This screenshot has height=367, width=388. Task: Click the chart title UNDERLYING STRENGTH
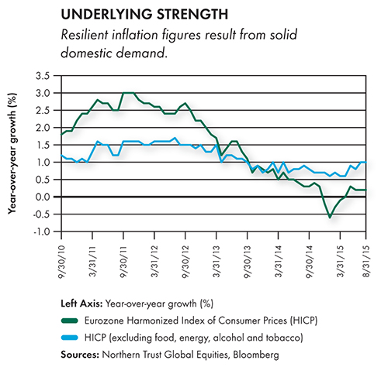144,15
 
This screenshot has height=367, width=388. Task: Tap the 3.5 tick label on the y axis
43,76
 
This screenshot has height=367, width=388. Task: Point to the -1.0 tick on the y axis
41,232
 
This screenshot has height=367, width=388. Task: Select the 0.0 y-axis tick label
42,197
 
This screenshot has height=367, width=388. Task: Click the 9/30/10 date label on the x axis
61,261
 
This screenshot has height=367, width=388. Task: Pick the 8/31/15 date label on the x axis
366,261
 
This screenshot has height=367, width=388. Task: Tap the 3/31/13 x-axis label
217,261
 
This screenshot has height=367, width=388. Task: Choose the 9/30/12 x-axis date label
185,261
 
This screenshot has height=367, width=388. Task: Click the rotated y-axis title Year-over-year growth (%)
12,153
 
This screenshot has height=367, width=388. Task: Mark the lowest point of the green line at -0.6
330,218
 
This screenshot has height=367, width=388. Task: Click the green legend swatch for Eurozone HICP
69,321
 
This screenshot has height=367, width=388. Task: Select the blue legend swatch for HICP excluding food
69,338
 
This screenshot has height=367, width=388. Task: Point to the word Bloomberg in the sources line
256,355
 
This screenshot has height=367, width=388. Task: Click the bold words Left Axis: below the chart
81,304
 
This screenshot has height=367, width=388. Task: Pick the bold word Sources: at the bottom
80,355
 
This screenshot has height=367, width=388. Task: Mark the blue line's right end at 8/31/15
366,162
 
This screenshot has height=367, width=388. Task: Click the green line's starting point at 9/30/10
62,134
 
